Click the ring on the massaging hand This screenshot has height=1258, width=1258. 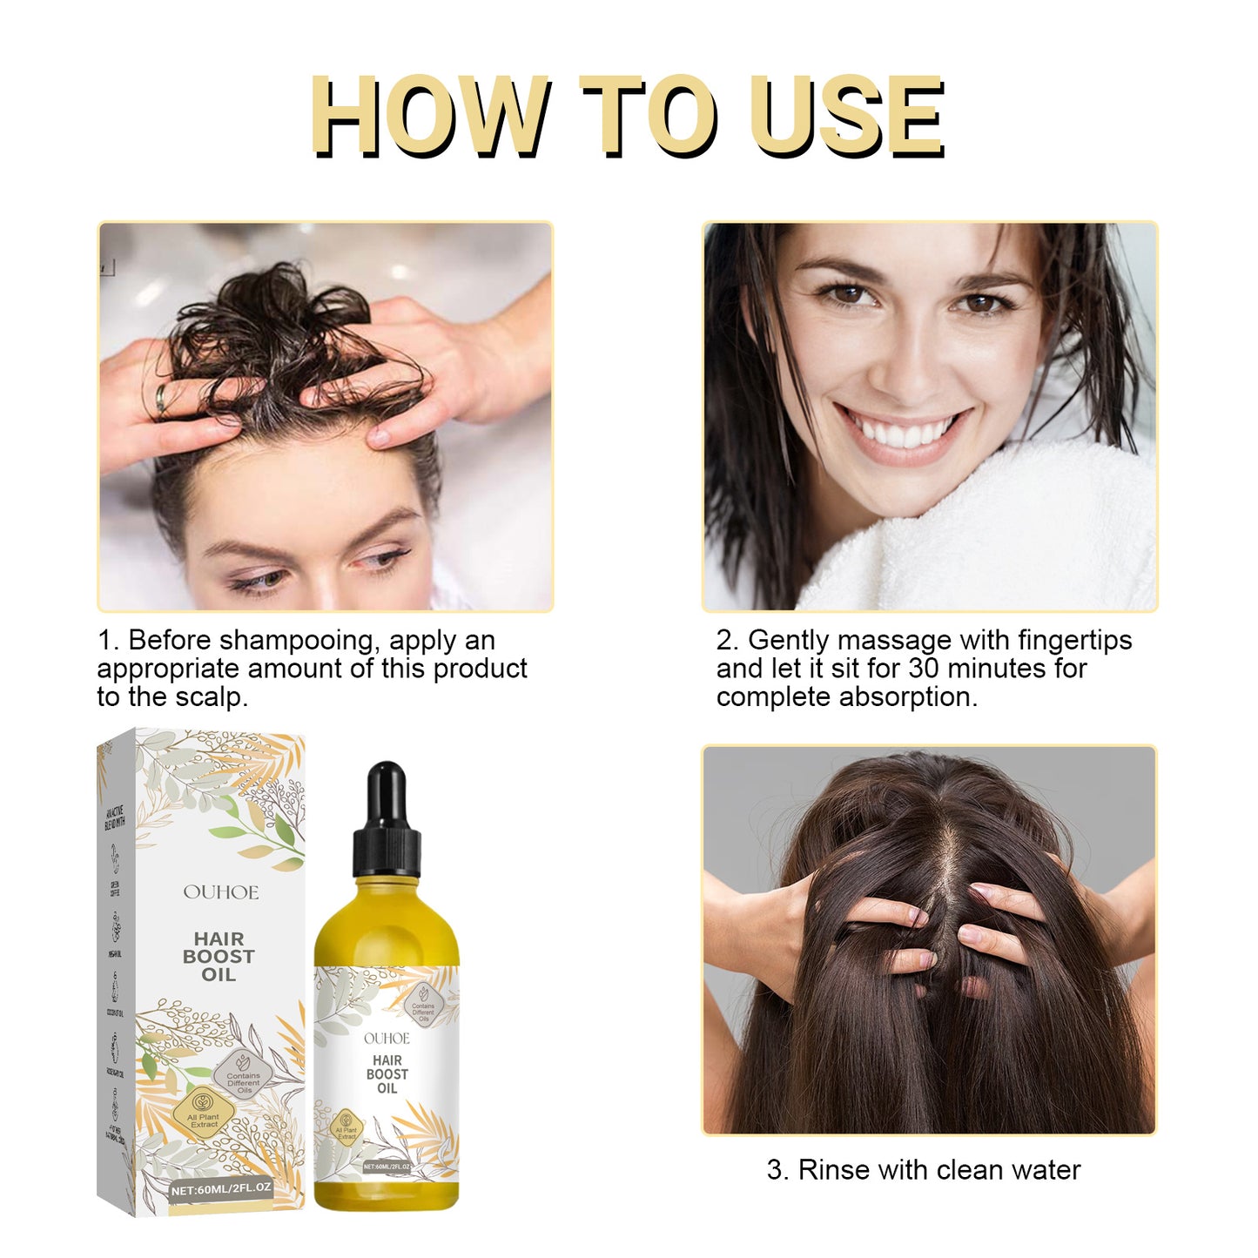pyautogui.click(x=162, y=398)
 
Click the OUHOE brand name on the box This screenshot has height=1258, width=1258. pyautogui.click(x=220, y=892)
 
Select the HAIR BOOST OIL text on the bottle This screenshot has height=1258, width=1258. pyautogui.click(x=387, y=1074)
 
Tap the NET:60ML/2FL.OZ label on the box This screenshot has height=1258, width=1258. pyautogui.click(x=221, y=1188)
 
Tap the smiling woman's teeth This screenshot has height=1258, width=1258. pyautogui.click(x=902, y=433)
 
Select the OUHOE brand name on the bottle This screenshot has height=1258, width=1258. pyautogui.click(x=387, y=1039)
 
